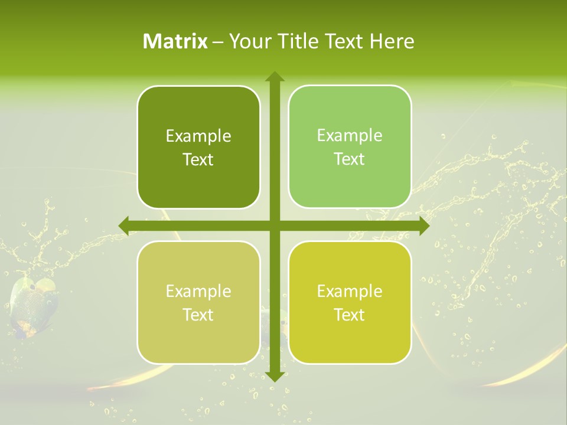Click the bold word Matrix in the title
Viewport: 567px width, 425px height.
(x=175, y=41)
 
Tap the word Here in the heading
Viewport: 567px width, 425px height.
(x=392, y=41)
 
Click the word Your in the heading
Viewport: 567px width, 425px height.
(x=248, y=41)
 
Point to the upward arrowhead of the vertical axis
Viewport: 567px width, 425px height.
(x=274, y=77)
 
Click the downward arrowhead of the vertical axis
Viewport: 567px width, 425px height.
(x=274, y=376)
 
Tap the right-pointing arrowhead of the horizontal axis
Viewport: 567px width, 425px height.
(x=423, y=225)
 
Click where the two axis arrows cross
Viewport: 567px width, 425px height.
(x=274, y=225)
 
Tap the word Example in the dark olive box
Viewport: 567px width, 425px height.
(x=198, y=136)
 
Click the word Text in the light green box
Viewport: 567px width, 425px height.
(x=350, y=159)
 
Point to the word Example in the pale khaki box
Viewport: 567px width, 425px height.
(x=198, y=292)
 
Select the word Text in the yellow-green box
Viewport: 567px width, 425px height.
(x=350, y=315)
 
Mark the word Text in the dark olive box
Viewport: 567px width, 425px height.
(x=198, y=160)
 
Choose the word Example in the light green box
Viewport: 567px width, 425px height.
(x=350, y=136)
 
